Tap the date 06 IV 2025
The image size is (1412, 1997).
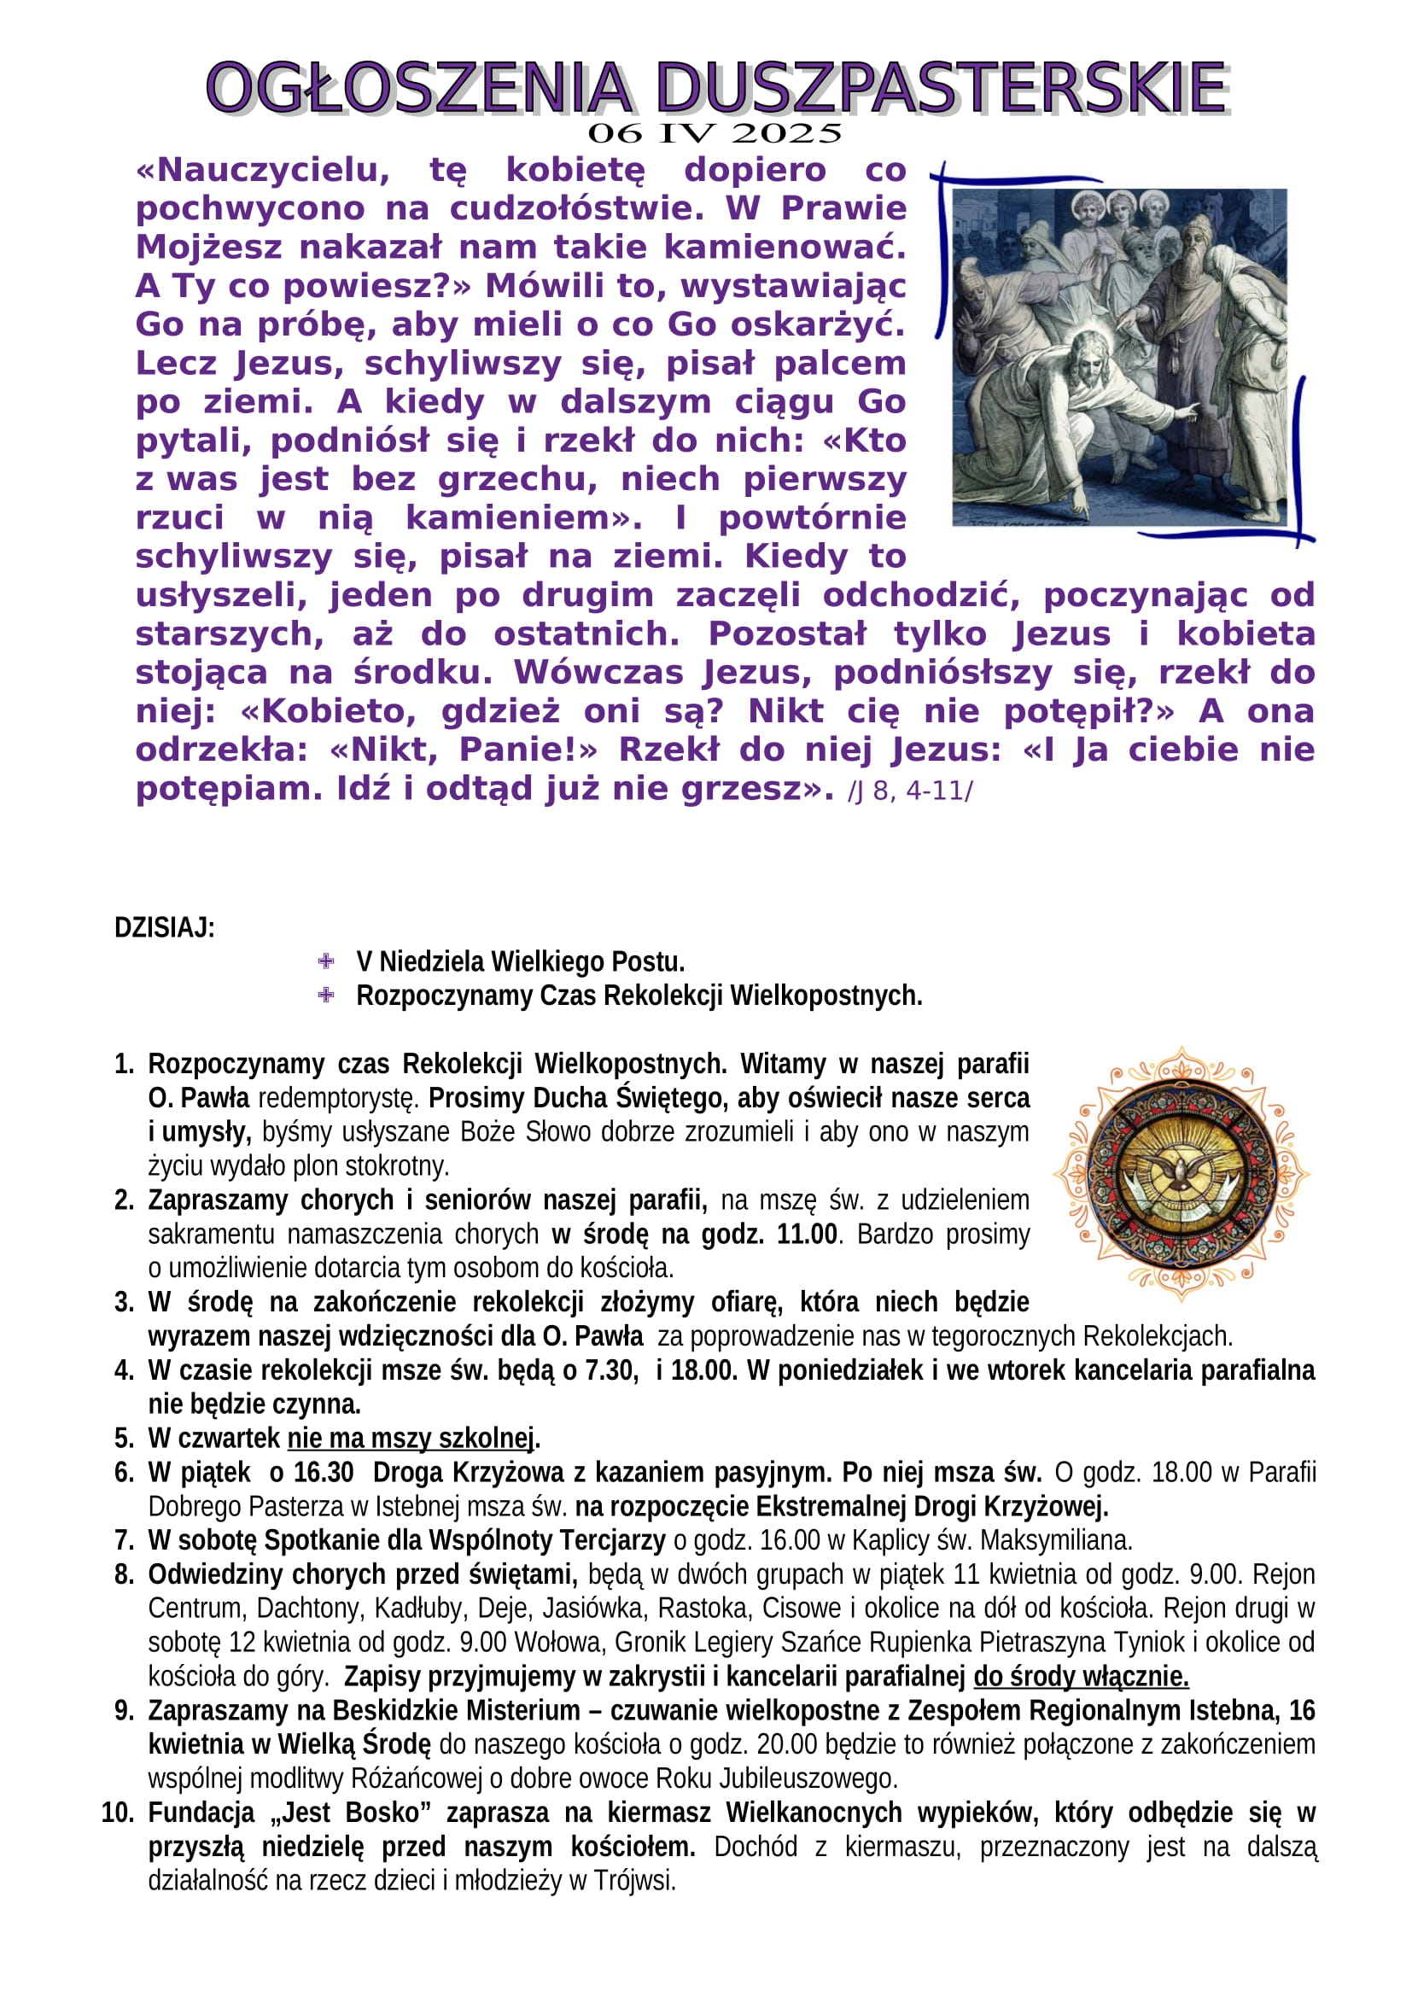[x=715, y=134]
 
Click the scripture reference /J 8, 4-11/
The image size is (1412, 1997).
[x=910, y=791]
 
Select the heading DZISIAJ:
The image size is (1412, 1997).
[x=164, y=928]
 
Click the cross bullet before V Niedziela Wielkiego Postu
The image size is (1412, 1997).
[x=326, y=961]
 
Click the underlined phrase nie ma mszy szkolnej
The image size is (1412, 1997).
[x=412, y=1438]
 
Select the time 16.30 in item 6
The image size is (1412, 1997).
[x=324, y=1472]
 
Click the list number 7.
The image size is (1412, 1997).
[x=124, y=1540]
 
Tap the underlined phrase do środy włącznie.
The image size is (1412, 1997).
[x=1081, y=1676]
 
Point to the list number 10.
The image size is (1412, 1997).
[x=117, y=1813]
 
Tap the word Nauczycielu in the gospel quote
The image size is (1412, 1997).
[x=264, y=170]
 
